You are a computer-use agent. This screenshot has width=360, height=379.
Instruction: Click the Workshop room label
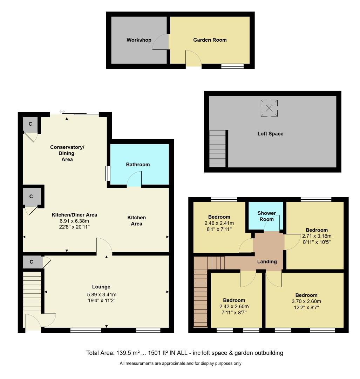139,40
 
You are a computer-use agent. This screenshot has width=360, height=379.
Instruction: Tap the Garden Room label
210,40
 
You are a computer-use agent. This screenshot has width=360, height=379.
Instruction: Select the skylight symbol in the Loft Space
269,108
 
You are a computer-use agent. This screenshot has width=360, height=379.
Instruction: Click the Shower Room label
266,216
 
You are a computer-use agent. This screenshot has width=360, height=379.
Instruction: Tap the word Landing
267,261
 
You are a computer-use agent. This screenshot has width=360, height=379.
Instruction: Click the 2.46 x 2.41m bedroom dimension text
219,223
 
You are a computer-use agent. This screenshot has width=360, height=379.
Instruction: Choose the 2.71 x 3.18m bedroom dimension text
316,236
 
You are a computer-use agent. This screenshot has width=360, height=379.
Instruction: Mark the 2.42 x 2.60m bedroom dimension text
234,306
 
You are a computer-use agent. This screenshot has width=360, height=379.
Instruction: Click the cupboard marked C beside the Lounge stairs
31,262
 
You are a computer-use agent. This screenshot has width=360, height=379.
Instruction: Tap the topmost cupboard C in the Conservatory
30,124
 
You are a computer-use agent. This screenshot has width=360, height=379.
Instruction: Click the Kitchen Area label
136,221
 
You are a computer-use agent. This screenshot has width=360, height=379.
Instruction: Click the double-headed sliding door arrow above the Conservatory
62,112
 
